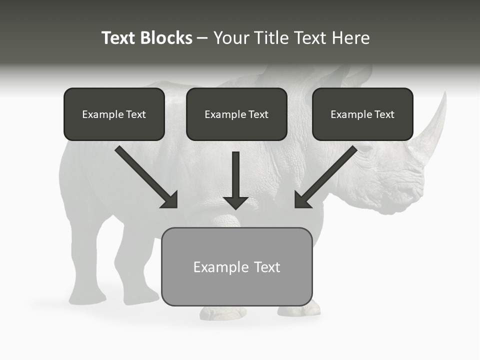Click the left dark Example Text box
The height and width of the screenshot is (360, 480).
(114, 114)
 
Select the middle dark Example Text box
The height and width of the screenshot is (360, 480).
(236, 114)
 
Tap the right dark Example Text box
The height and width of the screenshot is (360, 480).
(362, 114)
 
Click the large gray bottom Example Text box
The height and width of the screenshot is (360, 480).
(236, 266)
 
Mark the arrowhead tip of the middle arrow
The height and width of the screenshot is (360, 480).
(236, 208)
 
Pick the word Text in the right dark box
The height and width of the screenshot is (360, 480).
(384, 114)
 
